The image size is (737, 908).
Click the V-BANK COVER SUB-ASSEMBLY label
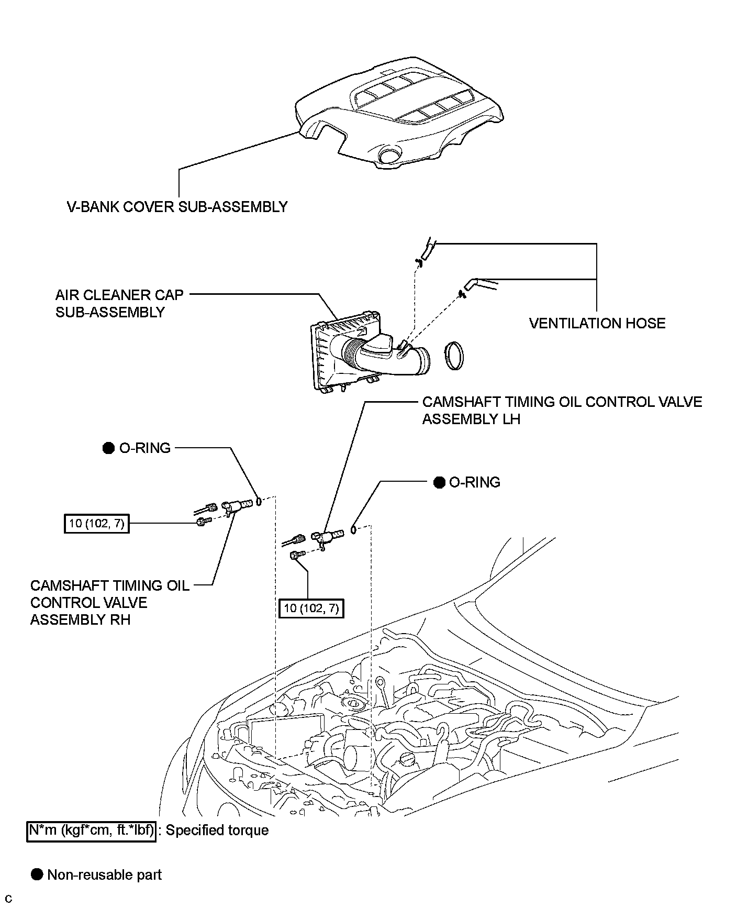[x=177, y=207]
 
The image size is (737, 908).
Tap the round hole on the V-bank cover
[x=389, y=156]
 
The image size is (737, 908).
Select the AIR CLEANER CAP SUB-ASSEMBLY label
[x=119, y=303]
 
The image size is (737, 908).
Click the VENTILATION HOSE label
[x=597, y=323]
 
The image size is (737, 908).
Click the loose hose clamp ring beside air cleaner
[x=454, y=356]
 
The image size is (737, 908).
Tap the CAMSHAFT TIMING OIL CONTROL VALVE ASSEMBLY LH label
[x=562, y=410]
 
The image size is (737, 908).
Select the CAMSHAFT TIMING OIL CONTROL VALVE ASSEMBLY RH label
[x=109, y=602]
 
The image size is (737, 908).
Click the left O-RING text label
[x=145, y=448]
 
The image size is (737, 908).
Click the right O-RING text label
[x=475, y=482]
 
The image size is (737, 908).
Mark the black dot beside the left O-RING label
[x=108, y=448]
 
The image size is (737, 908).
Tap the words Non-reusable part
[x=104, y=875]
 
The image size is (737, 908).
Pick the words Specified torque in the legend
[x=217, y=831]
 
